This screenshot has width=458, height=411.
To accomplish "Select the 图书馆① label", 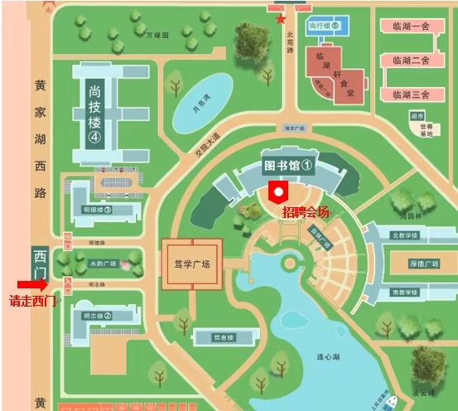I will [287, 165].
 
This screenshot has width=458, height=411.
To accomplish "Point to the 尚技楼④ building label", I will [94, 114].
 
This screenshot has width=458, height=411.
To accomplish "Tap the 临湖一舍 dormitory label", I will [410, 25].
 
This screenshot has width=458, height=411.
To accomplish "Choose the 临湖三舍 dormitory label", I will [410, 94].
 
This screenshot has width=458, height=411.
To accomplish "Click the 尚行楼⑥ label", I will [323, 27].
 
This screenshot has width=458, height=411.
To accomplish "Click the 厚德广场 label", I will [423, 264].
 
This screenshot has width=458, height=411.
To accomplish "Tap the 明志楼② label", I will [97, 316].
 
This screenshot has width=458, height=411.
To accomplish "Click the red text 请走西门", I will [32, 301].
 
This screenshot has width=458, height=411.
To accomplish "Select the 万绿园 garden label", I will [157, 36].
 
